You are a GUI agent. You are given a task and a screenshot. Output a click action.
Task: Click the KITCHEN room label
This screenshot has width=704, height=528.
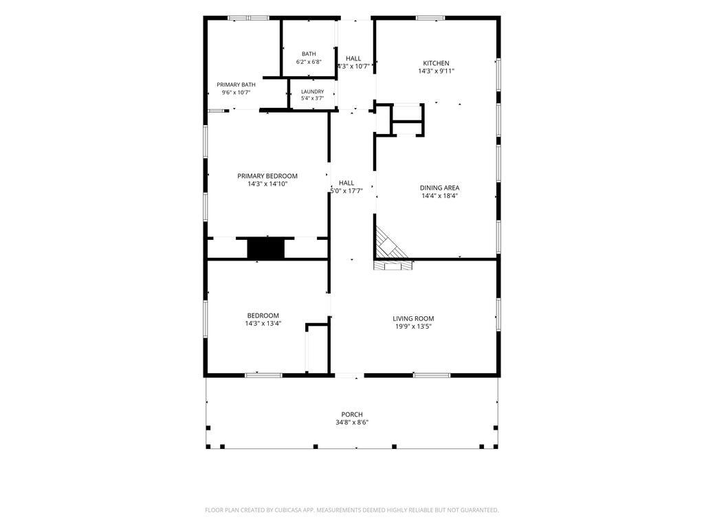(436, 63)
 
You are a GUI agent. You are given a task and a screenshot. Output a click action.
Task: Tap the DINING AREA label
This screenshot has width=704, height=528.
(439, 188)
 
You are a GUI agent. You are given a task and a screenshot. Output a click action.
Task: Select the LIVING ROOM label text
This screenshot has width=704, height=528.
(413, 319)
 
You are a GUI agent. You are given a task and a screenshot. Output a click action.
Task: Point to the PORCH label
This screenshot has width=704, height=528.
(352, 415)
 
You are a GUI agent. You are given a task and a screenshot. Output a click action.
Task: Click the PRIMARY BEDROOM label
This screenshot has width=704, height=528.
(267, 176)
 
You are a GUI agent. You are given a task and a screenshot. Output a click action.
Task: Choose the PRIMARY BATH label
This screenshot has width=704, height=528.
(236, 85)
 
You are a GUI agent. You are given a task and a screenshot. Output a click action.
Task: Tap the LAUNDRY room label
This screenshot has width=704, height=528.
(313, 91)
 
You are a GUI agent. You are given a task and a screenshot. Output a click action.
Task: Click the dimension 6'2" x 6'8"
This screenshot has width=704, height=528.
(309, 62)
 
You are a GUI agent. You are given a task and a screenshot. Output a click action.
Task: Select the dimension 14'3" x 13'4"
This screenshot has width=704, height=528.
(263, 324)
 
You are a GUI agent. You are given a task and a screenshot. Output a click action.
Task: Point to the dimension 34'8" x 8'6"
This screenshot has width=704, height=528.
(352, 423)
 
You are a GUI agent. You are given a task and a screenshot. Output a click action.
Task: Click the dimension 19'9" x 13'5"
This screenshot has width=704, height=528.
(413, 327)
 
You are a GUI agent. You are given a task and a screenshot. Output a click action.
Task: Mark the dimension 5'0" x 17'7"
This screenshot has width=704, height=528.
(346, 191)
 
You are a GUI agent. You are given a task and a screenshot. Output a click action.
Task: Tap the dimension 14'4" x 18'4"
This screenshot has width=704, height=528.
(439, 196)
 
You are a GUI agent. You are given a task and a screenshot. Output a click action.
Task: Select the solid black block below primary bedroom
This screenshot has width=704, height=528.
(266, 249)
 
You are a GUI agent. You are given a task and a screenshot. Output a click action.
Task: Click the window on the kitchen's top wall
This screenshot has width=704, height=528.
(430, 18)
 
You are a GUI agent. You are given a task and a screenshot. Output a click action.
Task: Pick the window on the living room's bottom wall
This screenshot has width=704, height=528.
(432, 375)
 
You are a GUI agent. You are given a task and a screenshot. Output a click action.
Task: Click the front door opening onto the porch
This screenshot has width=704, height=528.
(349, 375)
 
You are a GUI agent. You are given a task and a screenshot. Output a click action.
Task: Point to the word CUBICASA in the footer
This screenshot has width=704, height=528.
(294, 510)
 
